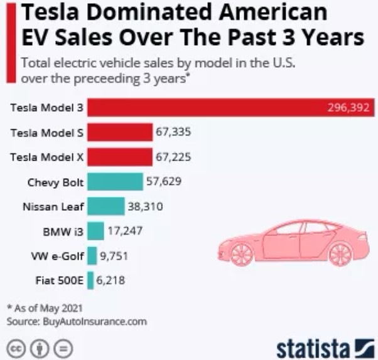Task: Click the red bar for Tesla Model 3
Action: (207, 108)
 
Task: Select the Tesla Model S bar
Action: (120, 132)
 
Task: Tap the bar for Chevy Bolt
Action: (115, 182)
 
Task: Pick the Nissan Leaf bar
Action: (105, 206)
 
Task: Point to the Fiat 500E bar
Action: (91, 280)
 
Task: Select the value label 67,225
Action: (173, 157)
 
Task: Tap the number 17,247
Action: (124, 231)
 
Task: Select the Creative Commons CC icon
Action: (16, 347)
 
